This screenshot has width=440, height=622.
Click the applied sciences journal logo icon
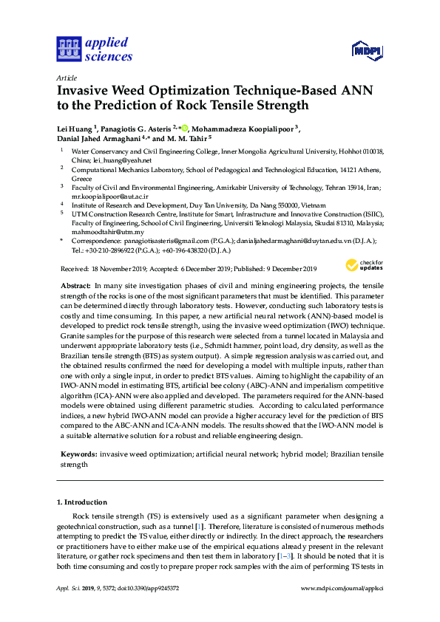coord(68,49)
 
